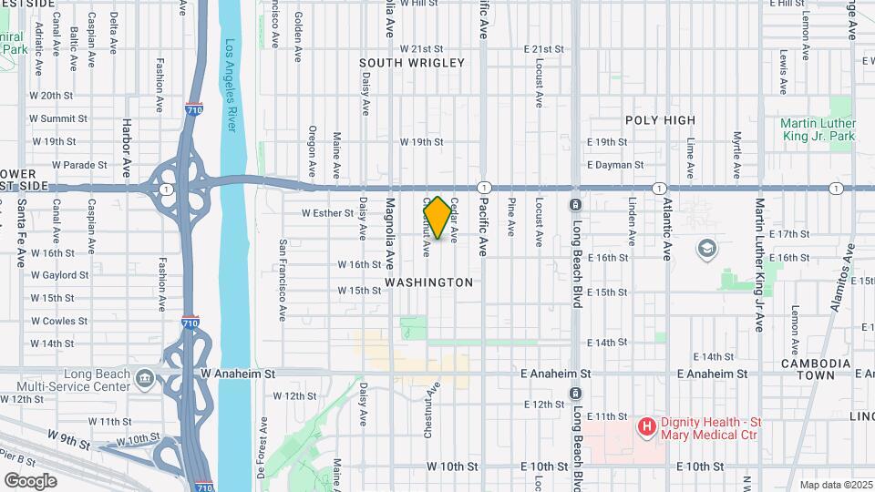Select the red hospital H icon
tap(646, 425)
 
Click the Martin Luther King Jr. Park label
tap(818, 129)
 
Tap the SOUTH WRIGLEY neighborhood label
tap(412, 63)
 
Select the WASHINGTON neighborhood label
tap(429, 282)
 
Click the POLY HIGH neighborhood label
tap(660, 119)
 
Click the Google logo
tap(30, 481)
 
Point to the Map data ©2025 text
tap(835, 485)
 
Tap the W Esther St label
tap(327, 213)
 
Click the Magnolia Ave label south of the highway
tap(389, 232)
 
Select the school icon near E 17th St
tap(706, 248)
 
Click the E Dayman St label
tap(615, 165)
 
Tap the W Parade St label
tap(80, 165)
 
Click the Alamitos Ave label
tap(843, 283)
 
